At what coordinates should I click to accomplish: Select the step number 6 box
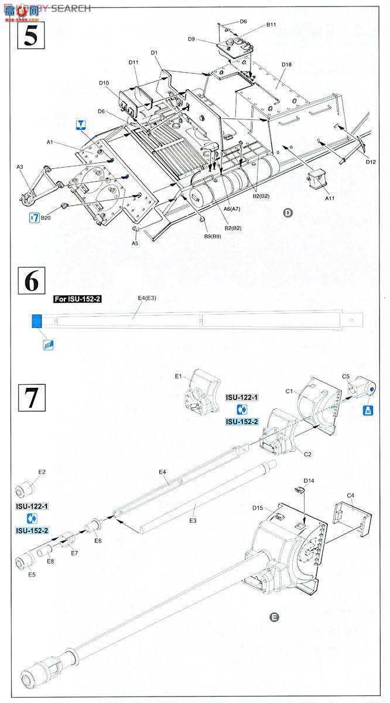coord(32,281)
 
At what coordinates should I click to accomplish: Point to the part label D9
coord(191,39)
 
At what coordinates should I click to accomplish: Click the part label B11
coord(271,25)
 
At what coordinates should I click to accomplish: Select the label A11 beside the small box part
coord(329,199)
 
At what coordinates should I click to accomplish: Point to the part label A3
coord(19,167)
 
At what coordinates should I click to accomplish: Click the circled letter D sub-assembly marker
coord(288,213)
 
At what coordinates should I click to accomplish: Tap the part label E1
coord(180,376)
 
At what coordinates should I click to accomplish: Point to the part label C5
coord(346,377)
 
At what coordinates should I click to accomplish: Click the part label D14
coord(309,480)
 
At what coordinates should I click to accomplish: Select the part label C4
coord(350,495)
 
